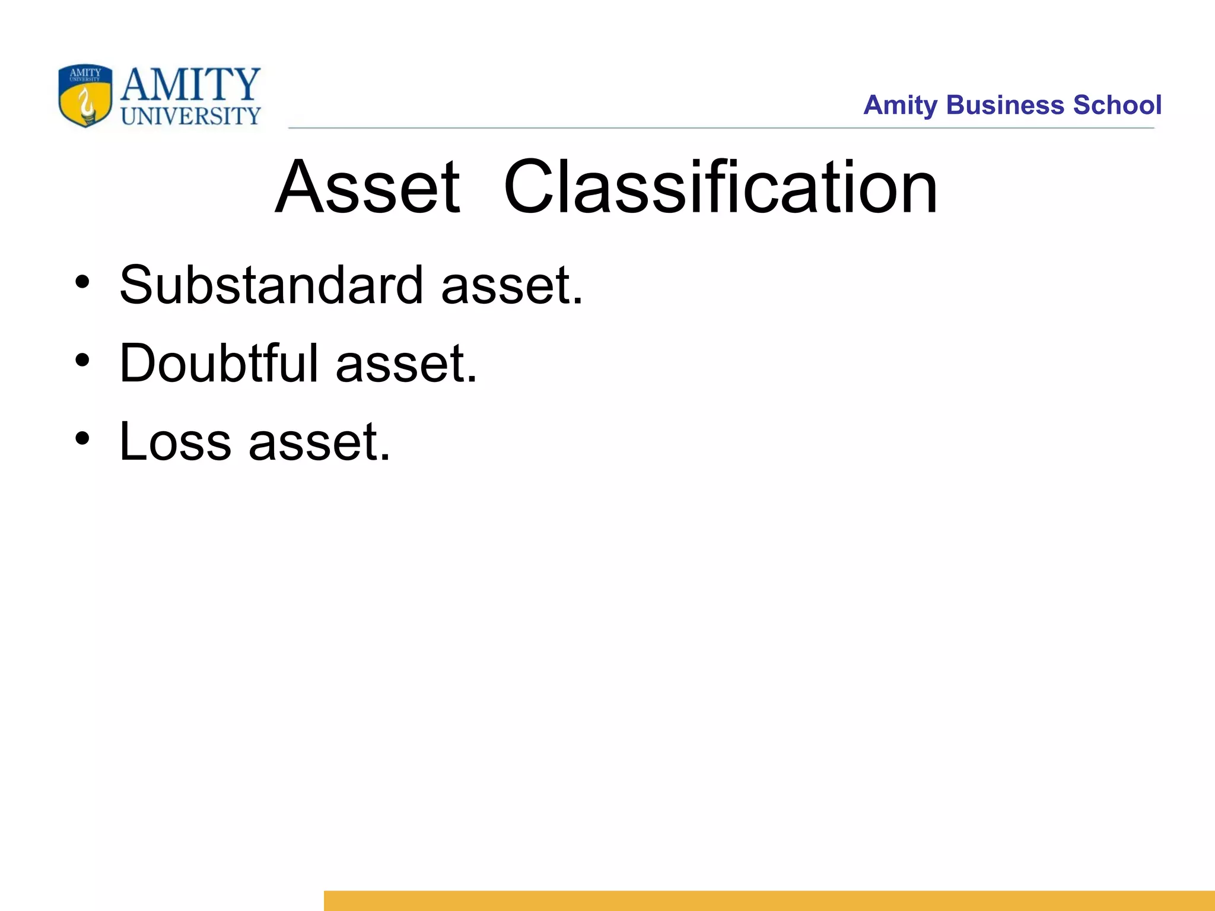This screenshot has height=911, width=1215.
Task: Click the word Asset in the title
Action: pyautogui.click(x=367, y=187)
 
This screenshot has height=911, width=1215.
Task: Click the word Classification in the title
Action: pyautogui.click(x=720, y=187)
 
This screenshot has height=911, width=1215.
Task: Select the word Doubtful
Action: pyautogui.click(x=219, y=363)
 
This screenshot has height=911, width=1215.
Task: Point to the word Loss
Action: pyautogui.click(x=175, y=441)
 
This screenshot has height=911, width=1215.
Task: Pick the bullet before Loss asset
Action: pyautogui.click(x=82, y=438)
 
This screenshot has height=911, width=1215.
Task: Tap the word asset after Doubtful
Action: pyautogui.click(x=406, y=364)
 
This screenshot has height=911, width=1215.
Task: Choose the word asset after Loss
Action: pyautogui.click(x=319, y=442)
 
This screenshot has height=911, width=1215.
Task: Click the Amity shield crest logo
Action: pyautogui.click(x=85, y=96)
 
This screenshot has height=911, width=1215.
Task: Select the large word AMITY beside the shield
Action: pyautogui.click(x=190, y=84)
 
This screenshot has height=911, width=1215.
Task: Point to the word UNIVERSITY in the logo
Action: pyautogui.click(x=191, y=116)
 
